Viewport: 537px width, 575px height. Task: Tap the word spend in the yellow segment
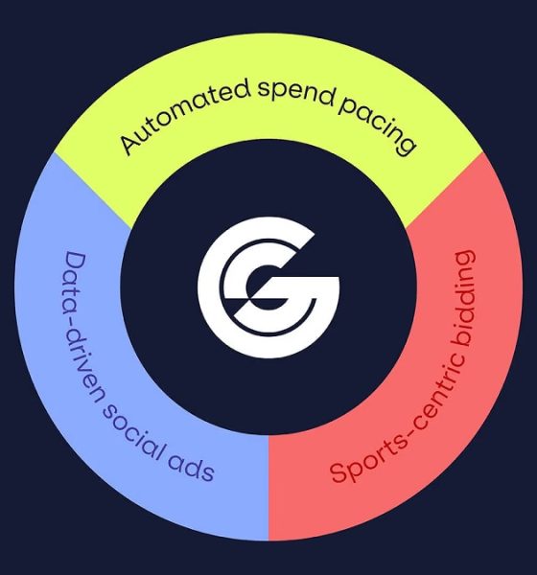point(296,93)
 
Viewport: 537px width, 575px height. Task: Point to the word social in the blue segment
point(132,435)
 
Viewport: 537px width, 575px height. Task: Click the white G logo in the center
point(268,287)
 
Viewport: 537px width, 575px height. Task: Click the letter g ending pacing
point(406,146)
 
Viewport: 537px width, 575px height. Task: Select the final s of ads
point(207,472)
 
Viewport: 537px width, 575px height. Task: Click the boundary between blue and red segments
point(268,488)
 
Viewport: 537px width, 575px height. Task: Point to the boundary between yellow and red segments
point(444,190)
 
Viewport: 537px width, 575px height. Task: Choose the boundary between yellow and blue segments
point(92,190)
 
